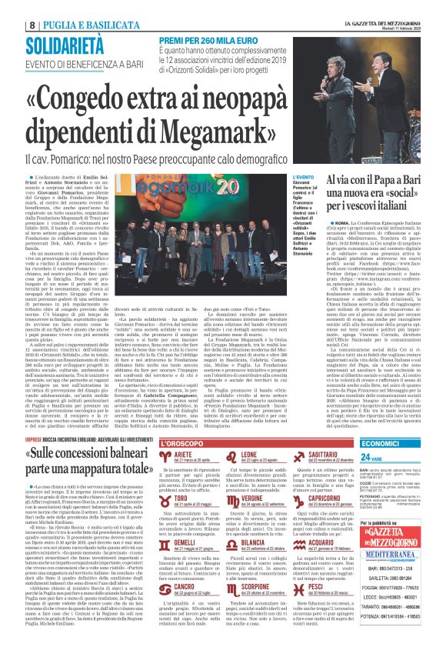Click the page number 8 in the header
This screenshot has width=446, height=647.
10,7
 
